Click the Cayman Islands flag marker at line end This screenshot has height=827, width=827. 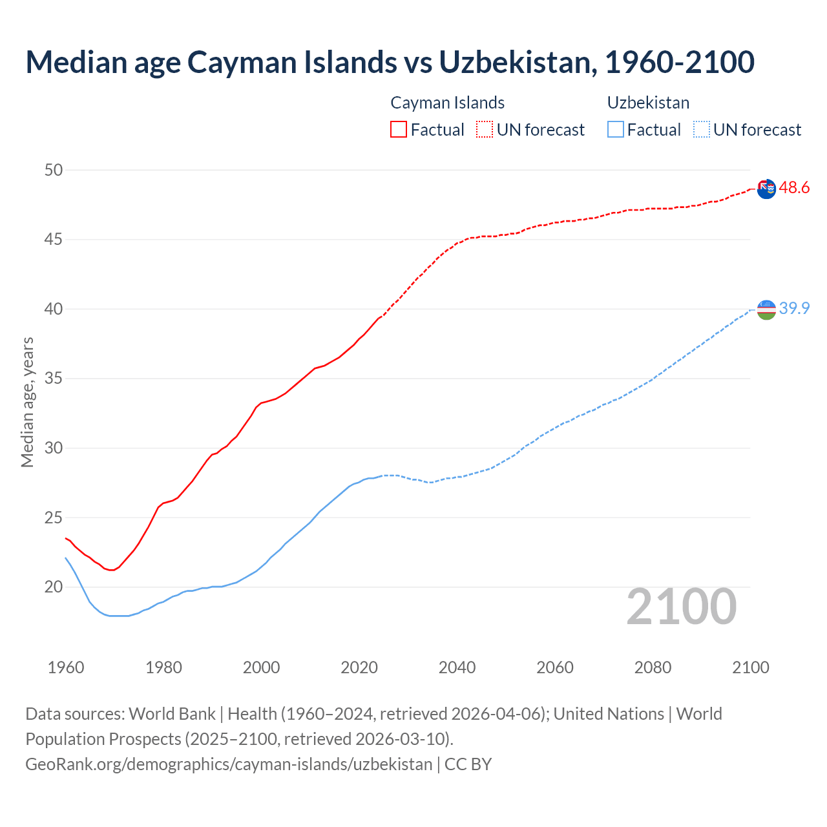pyautogui.click(x=766, y=189)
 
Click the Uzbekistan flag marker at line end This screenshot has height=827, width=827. pyautogui.click(x=766, y=309)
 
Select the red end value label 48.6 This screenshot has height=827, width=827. pyautogui.click(x=794, y=188)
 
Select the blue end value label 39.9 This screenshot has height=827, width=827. pyautogui.click(x=794, y=308)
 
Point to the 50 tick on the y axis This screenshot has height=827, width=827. pyautogui.click(x=54, y=170)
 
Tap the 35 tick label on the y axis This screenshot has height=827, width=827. pyautogui.click(x=54, y=379)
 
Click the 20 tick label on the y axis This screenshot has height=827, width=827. pyautogui.click(x=54, y=587)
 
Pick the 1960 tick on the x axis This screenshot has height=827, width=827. pyautogui.click(x=66, y=667)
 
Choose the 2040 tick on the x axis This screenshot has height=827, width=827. pyautogui.click(x=457, y=667)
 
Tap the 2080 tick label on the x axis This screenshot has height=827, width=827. pyautogui.click(x=653, y=667)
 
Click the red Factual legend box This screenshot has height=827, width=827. pyautogui.click(x=399, y=129)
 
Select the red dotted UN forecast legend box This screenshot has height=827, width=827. pyautogui.click(x=485, y=129)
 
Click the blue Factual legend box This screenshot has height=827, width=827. pyautogui.click(x=616, y=129)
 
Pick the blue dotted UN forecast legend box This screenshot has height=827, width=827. pyautogui.click(x=701, y=129)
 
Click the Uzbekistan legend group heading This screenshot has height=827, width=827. pyautogui.click(x=648, y=103)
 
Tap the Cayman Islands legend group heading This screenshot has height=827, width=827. pyautogui.click(x=447, y=103)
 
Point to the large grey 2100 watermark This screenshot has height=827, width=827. pyautogui.click(x=681, y=606)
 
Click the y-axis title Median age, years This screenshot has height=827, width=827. pyautogui.click(x=27, y=402)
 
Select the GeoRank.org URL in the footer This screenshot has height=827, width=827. pyautogui.click(x=229, y=764)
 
